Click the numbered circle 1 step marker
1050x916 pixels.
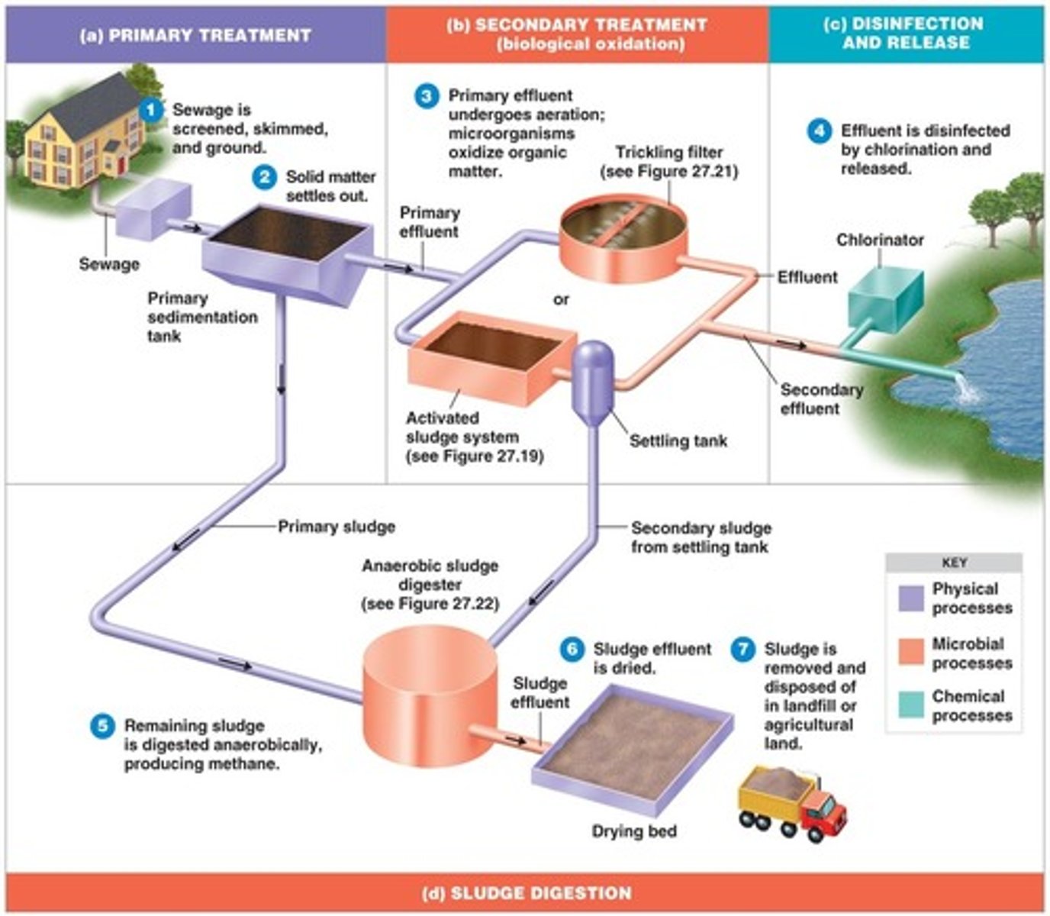tap(151, 111)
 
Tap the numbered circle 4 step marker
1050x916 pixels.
tap(819, 131)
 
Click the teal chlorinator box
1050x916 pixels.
tap(885, 298)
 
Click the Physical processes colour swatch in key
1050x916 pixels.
tap(911, 598)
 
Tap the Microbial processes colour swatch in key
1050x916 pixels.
tap(911, 653)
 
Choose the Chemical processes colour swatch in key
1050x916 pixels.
tap(911, 705)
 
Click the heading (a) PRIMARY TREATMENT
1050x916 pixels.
tap(195, 36)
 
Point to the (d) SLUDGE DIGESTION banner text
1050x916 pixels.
tap(527, 892)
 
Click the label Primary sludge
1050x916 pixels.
tap(337, 527)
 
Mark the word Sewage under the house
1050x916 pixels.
tap(109, 264)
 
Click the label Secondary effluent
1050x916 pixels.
tap(821, 399)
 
